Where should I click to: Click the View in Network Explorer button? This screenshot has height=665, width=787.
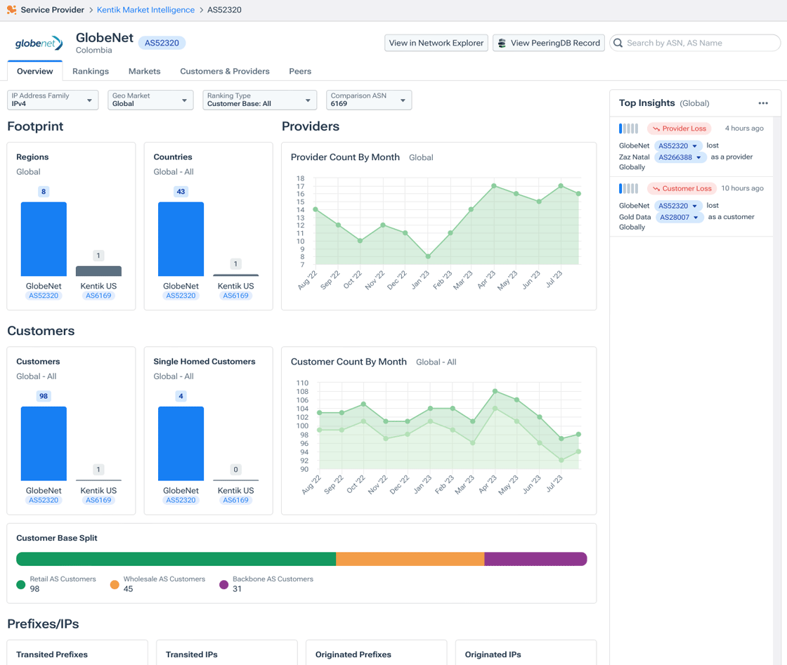(x=436, y=43)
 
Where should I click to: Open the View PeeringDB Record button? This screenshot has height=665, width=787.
(x=549, y=43)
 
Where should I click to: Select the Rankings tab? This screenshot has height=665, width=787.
(x=91, y=71)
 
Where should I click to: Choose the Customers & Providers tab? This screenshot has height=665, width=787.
(x=225, y=71)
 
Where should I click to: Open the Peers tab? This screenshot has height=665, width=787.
(x=300, y=71)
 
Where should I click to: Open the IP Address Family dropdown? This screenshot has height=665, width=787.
(x=53, y=100)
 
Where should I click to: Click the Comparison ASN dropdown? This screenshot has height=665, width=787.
(x=369, y=100)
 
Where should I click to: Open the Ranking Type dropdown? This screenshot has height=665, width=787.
(x=259, y=100)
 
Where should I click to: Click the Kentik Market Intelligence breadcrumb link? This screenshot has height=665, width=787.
(x=145, y=10)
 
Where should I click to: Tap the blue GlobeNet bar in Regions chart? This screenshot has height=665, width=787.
(x=44, y=239)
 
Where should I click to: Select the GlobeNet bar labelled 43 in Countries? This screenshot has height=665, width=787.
(x=181, y=239)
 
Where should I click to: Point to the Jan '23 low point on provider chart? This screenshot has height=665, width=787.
(x=428, y=256)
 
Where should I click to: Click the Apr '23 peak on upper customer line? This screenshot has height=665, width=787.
(x=495, y=391)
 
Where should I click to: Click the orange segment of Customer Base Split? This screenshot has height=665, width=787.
(x=410, y=559)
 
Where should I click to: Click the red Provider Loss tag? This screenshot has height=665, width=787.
(x=679, y=129)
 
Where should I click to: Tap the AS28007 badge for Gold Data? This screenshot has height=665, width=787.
(x=679, y=218)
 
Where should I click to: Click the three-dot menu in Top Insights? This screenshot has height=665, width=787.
(x=763, y=103)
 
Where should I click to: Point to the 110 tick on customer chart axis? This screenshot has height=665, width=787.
(x=302, y=383)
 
